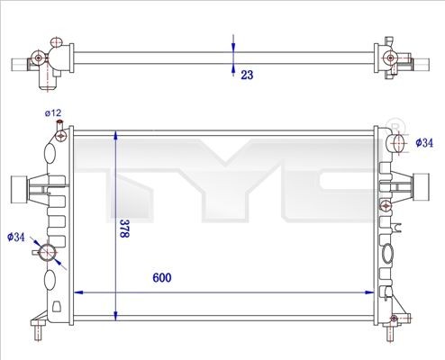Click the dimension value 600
click(x=161, y=278)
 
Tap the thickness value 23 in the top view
click(x=246, y=76)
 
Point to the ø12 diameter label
click(x=53, y=112)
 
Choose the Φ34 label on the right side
click(x=425, y=141)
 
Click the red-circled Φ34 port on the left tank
click(x=49, y=249)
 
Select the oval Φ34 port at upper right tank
click(x=399, y=141)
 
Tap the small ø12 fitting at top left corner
click(x=60, y=136)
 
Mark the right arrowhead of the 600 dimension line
click(x=373, y=292)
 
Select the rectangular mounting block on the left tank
click(x=18, y=190)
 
